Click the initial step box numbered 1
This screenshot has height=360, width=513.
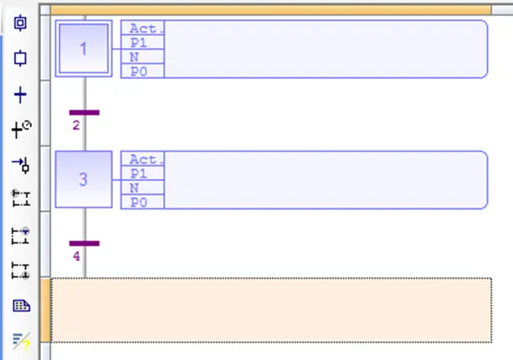84,49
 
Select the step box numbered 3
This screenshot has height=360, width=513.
84,179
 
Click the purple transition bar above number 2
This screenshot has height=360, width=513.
85,112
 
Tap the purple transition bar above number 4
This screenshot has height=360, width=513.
85,244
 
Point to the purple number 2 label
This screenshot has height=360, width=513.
76,125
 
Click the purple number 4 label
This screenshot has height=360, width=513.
76,256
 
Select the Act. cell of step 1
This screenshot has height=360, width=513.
142,28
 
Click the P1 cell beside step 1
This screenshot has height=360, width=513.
142,42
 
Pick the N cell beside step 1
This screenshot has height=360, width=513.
142,57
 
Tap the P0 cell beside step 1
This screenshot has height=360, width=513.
142,71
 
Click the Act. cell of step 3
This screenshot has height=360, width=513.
142,159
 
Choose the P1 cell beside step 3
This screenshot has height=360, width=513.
142,173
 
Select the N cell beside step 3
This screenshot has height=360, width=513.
142,188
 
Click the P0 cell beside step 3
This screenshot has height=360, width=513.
142,202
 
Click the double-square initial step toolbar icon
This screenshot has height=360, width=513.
20,23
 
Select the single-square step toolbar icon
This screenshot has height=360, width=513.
20,59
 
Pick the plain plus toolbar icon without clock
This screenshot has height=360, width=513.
20,95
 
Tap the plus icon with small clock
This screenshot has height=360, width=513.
22,129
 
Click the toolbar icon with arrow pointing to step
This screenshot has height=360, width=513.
21,165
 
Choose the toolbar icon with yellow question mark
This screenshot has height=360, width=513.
22,342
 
